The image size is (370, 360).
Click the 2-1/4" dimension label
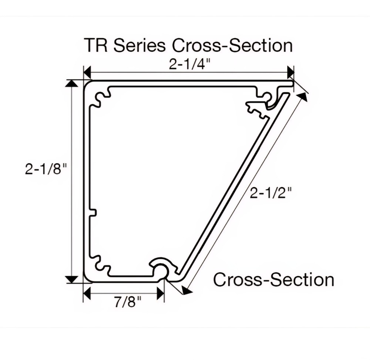tap(189, 64)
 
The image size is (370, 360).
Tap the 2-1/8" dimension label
tap(46, 169)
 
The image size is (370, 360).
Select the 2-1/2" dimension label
tap(271, 193)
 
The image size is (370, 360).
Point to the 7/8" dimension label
tap(128, 302)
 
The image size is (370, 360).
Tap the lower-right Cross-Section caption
tap(274, 280)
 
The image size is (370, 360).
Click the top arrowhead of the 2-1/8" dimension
tap(72, 83)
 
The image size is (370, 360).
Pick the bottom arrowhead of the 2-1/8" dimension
tap(72, 280)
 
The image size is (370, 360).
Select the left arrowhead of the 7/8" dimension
tap(87, 293)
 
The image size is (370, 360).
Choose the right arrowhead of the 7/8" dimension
tap(161, 293)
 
